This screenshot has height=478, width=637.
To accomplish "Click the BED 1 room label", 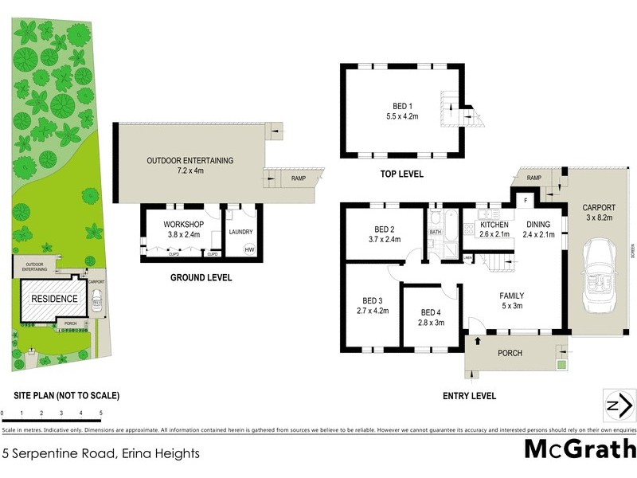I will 403,106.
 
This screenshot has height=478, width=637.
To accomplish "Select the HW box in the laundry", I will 249,250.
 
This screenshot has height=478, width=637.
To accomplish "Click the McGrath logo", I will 580,449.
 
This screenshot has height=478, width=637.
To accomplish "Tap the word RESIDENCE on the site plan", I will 54,299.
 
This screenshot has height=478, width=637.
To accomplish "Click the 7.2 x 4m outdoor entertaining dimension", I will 190,170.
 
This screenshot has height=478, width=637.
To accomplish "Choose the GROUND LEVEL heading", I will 201,278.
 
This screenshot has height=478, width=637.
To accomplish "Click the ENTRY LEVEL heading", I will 469,396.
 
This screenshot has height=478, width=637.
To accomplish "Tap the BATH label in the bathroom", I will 436,232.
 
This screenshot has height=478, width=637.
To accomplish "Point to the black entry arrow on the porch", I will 478,341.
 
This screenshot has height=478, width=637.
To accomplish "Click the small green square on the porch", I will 561,365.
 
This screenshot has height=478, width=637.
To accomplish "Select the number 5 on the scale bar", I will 101,413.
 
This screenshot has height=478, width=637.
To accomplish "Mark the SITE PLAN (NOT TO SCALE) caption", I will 67,395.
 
